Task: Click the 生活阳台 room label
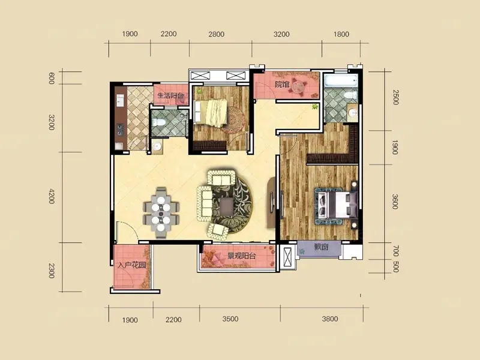[x=170, y=95]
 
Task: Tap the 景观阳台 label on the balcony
[x=241, y=256]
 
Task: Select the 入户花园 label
[x=131, y=265]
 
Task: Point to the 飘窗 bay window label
[x=321, y=247]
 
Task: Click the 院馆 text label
[x=282, y=84]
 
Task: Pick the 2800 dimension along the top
[x=217, y=34]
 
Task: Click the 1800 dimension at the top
[x=341, y=34]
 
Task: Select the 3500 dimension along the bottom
[x=230, y=319]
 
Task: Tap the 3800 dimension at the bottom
[x=330, y=319]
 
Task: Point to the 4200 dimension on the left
[x=52, y=197]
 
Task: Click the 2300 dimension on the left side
[x=52, y=271]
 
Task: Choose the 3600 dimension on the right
[x=395, y=202]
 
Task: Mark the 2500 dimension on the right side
[x=396, y=97]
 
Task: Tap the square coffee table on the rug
[x=227, y=206]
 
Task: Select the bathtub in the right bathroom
[x=341, y=81]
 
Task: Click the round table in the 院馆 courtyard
[x=298, y=86]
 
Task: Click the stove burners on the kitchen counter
[x=120, y=130]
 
